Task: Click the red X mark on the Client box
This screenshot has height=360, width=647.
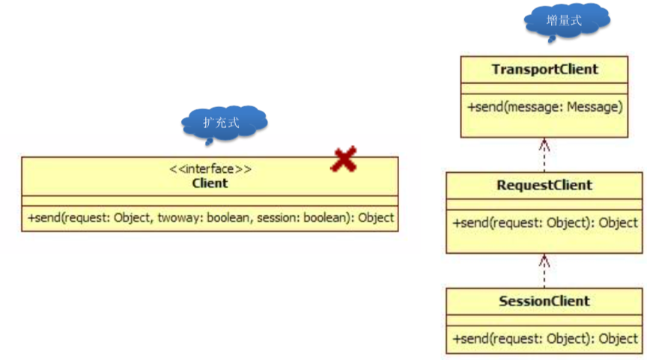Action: tap(344, 159)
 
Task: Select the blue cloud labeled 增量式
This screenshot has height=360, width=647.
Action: tap(567, 22)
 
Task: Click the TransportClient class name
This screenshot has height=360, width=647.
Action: tap(544, 70)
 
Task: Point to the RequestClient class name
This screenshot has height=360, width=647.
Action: tap(544, 185)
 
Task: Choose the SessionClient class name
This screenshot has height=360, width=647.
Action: tap(544, 301)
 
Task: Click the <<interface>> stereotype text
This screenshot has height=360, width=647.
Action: tap(210, 168)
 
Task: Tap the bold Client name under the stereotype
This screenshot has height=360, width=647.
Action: tap(210, 183)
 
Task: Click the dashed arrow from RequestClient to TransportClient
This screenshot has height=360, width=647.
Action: tap(544, 155)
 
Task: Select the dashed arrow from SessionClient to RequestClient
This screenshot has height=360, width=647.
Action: tap(544, 271)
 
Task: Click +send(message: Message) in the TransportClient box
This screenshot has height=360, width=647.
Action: tap(544, 107)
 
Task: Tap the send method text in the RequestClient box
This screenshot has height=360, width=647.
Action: tap(544, 223)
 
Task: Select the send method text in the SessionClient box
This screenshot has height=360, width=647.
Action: tap(544, 339)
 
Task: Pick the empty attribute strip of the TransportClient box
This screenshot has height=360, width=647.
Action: tap(544, 88)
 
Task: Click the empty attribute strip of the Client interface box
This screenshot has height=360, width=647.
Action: tap(210, 201)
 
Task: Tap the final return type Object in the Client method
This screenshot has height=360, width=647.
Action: tap(376, 217)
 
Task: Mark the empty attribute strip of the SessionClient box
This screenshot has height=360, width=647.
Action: tap(544, 320)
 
